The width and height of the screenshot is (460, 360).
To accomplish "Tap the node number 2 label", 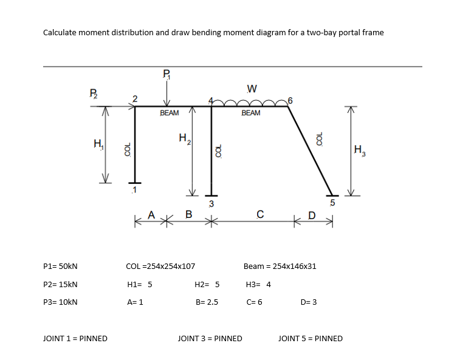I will pos(135,98).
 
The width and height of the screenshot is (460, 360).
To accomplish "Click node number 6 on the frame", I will pos(291,100).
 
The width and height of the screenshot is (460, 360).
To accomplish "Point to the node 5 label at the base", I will pos(332,202).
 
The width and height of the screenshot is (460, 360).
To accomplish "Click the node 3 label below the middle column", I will pos(211,203).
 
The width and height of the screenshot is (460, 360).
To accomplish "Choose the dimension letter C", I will pos(260,214).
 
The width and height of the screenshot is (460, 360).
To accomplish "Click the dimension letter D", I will pos(312,215).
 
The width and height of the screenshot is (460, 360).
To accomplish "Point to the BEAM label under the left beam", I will pos(169,113).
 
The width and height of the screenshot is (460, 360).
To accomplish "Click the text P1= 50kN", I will pos(61,266).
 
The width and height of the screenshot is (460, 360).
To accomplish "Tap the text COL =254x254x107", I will pos(160,266).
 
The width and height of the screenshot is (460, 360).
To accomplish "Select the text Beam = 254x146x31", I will pos(280,266).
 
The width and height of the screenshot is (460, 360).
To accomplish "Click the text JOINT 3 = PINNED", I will pos(210,338).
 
